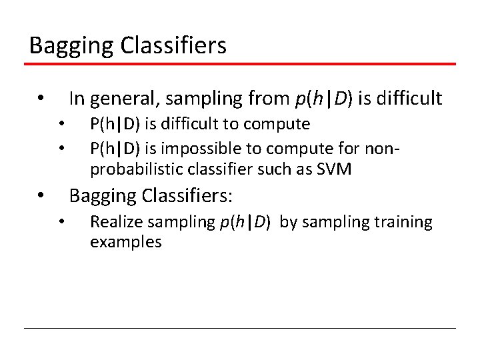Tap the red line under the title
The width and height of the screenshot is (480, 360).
tap(240, 64)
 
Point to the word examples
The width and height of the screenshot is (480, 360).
tap(125, 242)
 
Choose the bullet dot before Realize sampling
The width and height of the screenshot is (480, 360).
tap(61, 223)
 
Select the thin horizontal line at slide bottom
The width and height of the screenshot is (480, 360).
tap(240, 329)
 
